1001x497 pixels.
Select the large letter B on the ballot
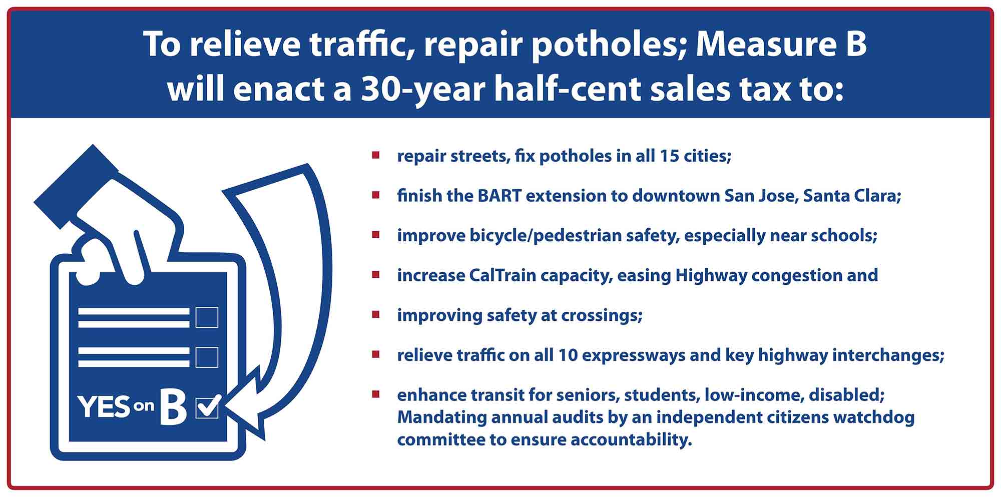[173, 406]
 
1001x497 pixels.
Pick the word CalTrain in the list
[495, 275]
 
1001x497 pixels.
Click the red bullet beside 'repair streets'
[376, 155]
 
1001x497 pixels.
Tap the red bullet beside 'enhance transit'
[376, 394]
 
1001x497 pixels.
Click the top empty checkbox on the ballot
[207, 317]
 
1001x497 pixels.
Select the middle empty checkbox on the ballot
[207, 357]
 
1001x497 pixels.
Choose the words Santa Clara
[852, 196]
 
